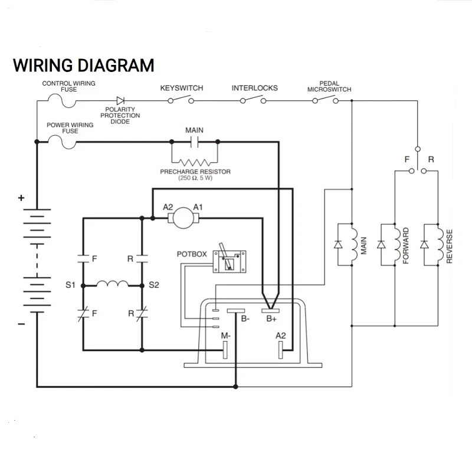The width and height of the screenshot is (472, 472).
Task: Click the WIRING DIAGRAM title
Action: [84, 64]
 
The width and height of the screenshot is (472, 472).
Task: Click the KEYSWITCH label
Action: [182, 88]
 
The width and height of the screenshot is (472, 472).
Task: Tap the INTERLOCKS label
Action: [254, 88]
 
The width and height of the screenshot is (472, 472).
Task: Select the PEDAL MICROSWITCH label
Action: [329, 86]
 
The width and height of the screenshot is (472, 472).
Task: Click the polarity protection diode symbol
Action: [122, 100]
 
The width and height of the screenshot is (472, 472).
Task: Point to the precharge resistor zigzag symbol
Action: [194, 162]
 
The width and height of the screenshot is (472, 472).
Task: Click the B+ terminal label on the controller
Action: [271, 319]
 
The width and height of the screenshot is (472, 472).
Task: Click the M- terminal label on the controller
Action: [225, 335]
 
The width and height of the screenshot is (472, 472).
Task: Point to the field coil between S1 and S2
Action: [113, 284]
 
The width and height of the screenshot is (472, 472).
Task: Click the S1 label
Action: [71, 286]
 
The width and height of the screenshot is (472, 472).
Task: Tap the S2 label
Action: [154, 286]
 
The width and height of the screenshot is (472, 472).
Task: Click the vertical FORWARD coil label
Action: [406, 244]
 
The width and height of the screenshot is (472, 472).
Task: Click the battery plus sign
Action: [21, 199]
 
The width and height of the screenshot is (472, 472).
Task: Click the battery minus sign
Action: [21, 324]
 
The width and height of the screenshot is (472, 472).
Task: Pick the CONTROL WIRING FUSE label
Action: [68, 86]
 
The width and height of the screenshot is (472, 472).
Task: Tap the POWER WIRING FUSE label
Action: [70, 128]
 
